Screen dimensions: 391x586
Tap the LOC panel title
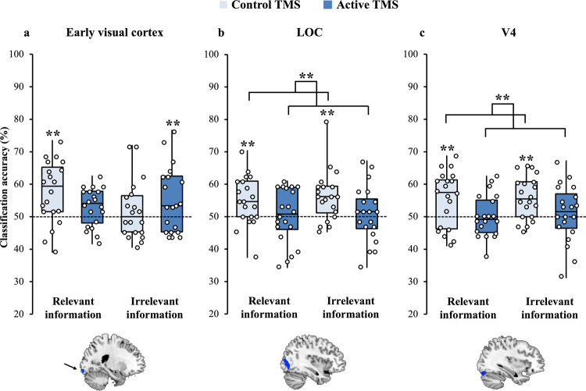point(309,34)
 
